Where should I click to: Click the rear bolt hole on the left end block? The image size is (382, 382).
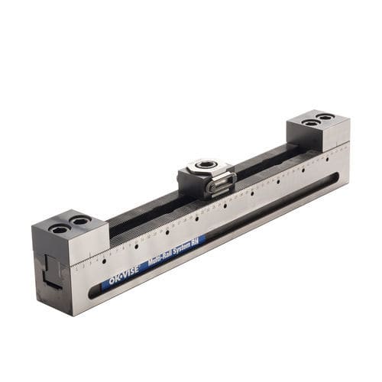[x=79, y=221]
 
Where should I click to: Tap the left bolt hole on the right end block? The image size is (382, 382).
[x=309, y=122]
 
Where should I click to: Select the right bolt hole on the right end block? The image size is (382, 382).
[x=325, y=117]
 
